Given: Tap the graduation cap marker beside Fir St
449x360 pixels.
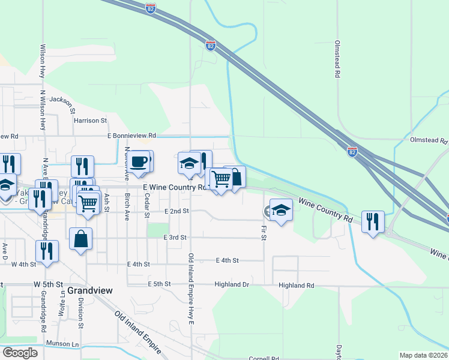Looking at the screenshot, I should [280, 211].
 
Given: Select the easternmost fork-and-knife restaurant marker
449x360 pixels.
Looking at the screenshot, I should [372, 222].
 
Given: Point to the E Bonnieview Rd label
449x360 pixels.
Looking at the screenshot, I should [131, 136].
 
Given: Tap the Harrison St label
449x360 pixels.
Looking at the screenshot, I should [90, 121].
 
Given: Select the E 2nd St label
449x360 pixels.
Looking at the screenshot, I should [176, 211].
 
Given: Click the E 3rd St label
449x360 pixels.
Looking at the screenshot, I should [176, 238].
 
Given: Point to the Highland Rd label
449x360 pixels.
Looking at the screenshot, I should [297, 286].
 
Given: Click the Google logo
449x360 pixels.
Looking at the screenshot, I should [20, 352].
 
